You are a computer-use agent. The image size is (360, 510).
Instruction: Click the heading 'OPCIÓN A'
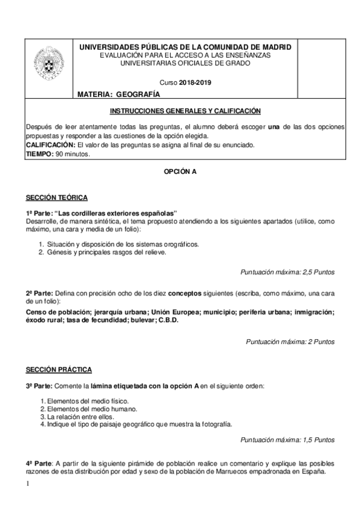180,171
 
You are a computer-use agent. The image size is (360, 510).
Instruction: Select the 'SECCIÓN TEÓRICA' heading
56,198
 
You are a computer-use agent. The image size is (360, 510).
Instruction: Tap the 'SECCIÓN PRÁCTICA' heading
58,368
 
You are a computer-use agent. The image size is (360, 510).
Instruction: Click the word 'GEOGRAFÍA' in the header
139,94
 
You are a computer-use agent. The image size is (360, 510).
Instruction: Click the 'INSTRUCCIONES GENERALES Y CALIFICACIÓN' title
185,111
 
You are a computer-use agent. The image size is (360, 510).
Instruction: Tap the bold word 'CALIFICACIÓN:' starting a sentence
50,145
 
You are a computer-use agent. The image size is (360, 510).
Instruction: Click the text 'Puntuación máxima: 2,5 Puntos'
287,272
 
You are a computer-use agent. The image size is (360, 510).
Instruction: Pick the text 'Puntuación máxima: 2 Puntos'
290,341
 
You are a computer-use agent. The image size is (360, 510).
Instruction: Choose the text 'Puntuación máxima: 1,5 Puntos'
287,439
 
